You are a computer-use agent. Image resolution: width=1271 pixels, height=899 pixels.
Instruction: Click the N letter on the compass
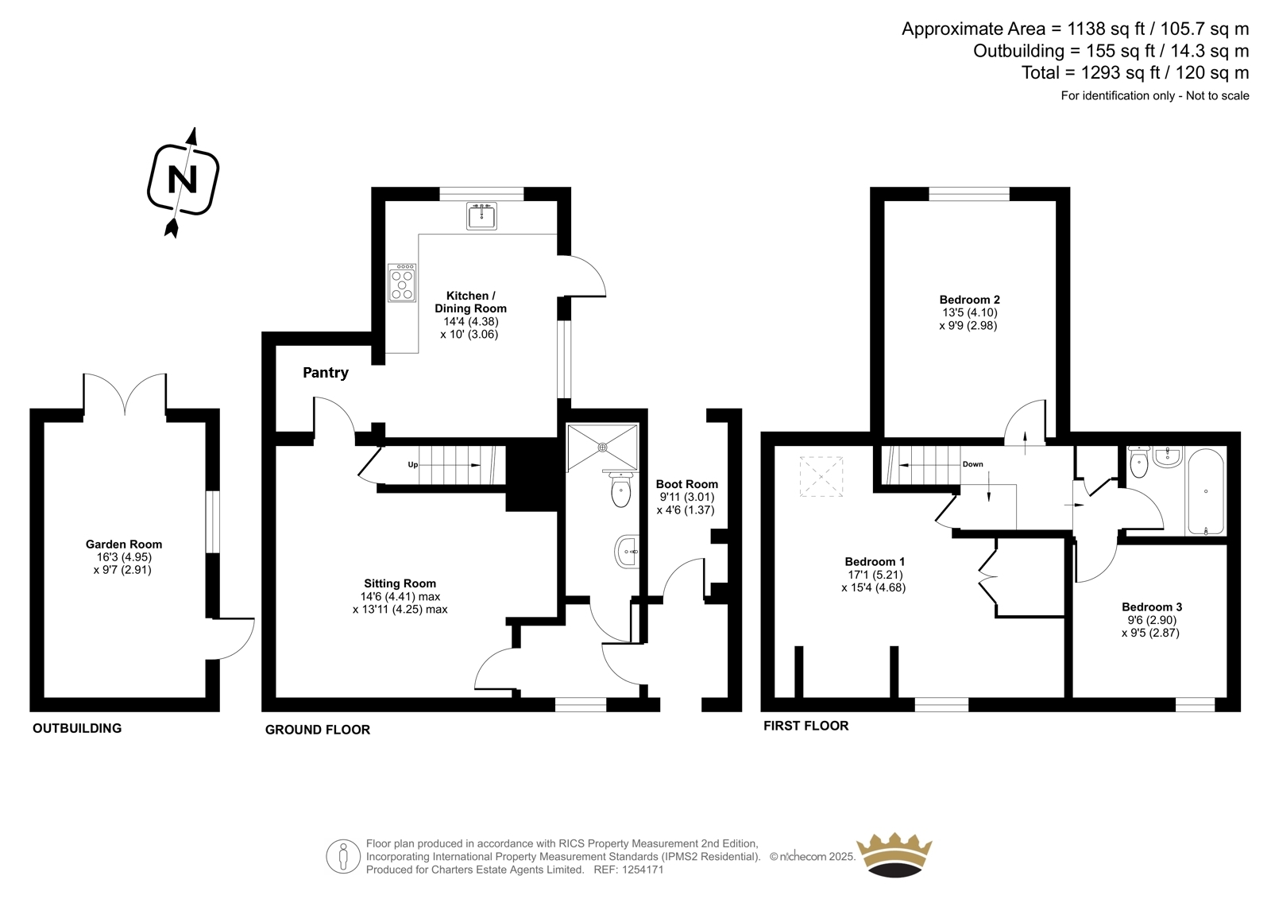point(183,180)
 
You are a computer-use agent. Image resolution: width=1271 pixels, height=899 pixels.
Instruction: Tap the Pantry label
point(326,373)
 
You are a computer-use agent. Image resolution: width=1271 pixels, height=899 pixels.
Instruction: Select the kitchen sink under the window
point(481,215)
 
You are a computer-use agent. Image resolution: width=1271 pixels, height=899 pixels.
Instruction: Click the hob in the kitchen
point(402,282)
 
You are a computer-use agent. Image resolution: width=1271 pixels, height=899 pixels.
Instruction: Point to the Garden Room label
point(124,544)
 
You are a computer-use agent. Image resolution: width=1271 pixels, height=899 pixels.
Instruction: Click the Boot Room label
point(686,484)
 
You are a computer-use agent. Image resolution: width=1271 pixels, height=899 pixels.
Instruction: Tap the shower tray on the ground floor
point(603,448)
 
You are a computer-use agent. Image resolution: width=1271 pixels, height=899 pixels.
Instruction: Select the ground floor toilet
point(620,490)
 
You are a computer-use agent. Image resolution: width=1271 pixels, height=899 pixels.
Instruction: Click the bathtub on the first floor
point(1205,492)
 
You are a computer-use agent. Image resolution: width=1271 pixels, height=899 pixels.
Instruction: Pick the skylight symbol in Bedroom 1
point(821,476)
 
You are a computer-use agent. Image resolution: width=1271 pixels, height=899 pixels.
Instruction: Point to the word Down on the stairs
point(972,464)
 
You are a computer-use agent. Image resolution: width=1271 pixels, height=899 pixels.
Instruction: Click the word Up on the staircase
point(412,464)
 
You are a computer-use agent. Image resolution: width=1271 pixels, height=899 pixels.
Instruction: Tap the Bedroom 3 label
point(1152,606)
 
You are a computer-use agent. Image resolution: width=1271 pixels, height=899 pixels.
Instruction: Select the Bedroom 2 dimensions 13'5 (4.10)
point(970,312)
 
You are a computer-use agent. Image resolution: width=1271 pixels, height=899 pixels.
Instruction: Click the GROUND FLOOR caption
point(318,730)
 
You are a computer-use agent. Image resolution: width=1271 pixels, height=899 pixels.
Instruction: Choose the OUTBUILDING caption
point(77,728)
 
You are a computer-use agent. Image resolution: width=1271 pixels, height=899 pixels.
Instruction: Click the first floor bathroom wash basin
point(1168,456)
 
